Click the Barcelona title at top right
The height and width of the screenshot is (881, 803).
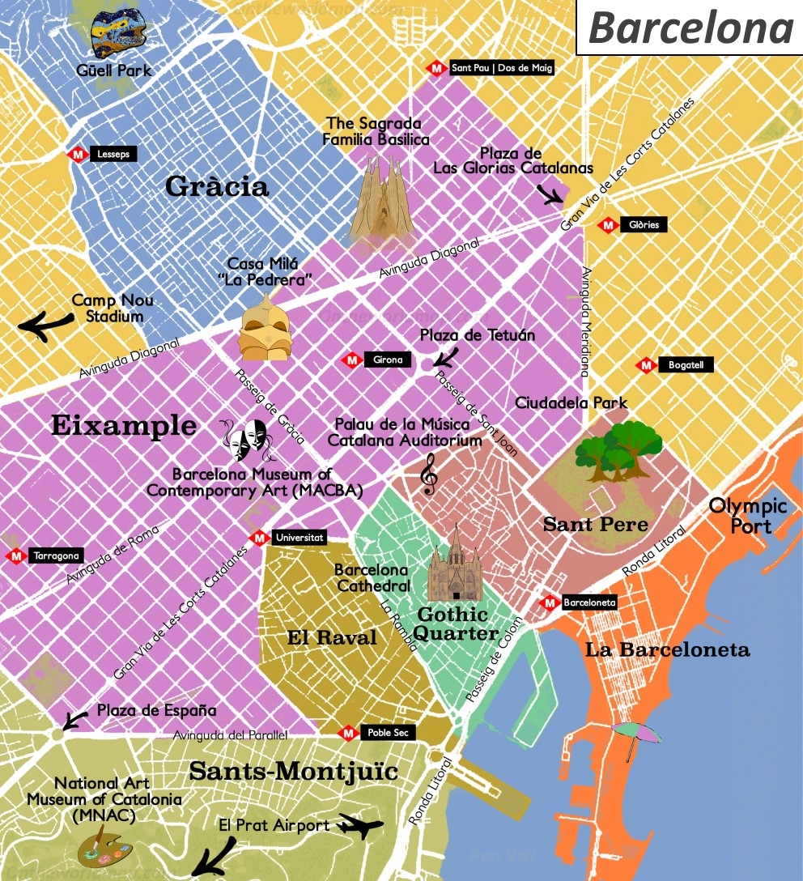point(690,28)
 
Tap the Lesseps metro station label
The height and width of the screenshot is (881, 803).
point(112,154)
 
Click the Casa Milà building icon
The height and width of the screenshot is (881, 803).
point(264,328)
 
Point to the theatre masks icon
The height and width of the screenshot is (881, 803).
point(249,440)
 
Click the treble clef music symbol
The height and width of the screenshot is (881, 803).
point(429,474)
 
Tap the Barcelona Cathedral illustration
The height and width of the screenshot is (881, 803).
point(454,564)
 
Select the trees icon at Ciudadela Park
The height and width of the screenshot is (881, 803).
point(619,450)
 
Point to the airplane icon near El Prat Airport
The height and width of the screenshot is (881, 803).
point(359,826)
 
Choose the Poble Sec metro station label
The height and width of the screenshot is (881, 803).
point(388,733)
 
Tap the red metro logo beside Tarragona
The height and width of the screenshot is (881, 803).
point(15,556)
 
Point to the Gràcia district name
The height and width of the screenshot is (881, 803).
point(216,187)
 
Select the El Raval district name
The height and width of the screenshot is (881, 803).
point(332,637)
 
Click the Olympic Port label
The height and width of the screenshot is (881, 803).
point(747,516)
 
